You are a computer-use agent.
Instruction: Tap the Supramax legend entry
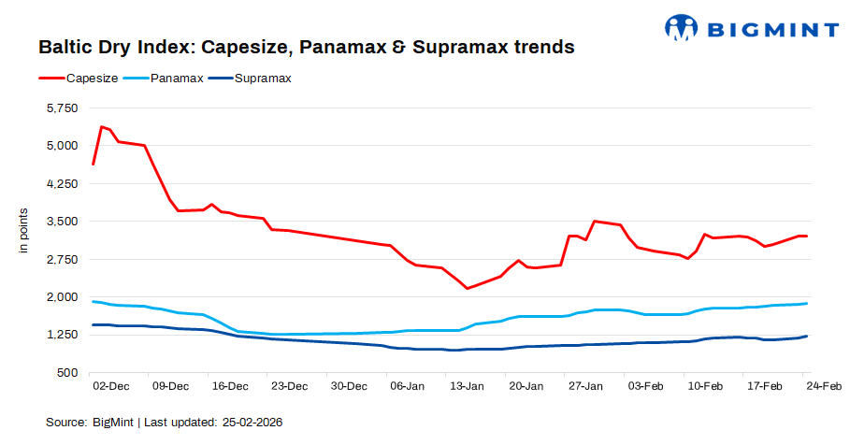pyautogui.click(x=264, y=79)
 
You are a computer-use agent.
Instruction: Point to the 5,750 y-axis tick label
pyautogui.click(x=59, y=108)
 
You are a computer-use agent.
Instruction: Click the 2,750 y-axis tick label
pyautogui.click(x=59, y=259)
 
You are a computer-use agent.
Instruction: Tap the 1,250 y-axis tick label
pyautogui.click(x=59, y=335)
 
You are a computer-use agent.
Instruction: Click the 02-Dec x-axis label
pyautogui.click(x=110, y=386)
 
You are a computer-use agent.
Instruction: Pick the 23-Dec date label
pyautogui.click(x=288, y=386)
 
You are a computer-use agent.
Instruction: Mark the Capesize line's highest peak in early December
pyautogui.click(x=101, y=126)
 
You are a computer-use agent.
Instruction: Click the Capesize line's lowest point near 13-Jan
pyautogui.click(x=468, y=288)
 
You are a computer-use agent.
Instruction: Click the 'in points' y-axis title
pyautogui.click(x=25, y=230)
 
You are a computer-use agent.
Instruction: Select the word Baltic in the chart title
pyautogui.click(x=65, y=46)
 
